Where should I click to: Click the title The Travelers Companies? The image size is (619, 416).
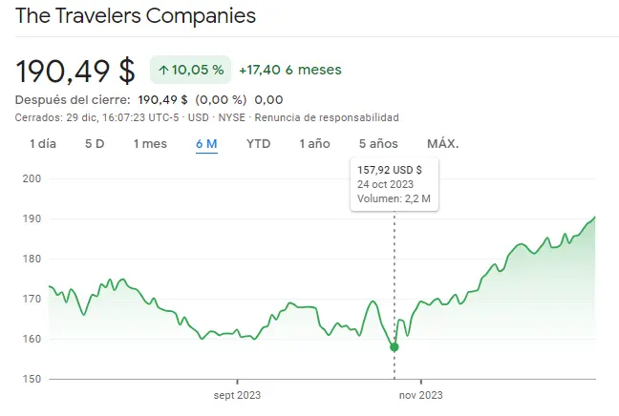[x=137, y=16]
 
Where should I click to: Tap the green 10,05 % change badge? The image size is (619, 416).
[x=190, y=70]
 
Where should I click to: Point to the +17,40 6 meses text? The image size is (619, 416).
[x=289, y=70]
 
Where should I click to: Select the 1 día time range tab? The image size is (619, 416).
[x=42, y=144]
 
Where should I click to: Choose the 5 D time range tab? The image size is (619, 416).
[x=95, y=144]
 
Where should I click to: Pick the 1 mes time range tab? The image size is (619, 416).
[x=150, y=144]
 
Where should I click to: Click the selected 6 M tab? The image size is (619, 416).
[x=206, y=144]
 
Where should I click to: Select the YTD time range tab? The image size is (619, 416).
[x=258, y=144]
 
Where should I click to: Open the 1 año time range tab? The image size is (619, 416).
[x=314, y=144]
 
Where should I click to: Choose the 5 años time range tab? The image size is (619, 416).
[x=377, y=144]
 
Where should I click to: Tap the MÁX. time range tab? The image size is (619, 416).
[x=442, y=144]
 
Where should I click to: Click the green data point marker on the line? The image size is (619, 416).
[x=395, y=346]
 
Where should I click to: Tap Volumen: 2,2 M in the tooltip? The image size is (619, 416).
[x=395, y=199]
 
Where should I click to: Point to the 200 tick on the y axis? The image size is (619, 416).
[x=32, y=178]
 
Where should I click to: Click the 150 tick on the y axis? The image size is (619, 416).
[x=32, y=380]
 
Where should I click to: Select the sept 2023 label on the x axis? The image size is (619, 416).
[x=237, y=395]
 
